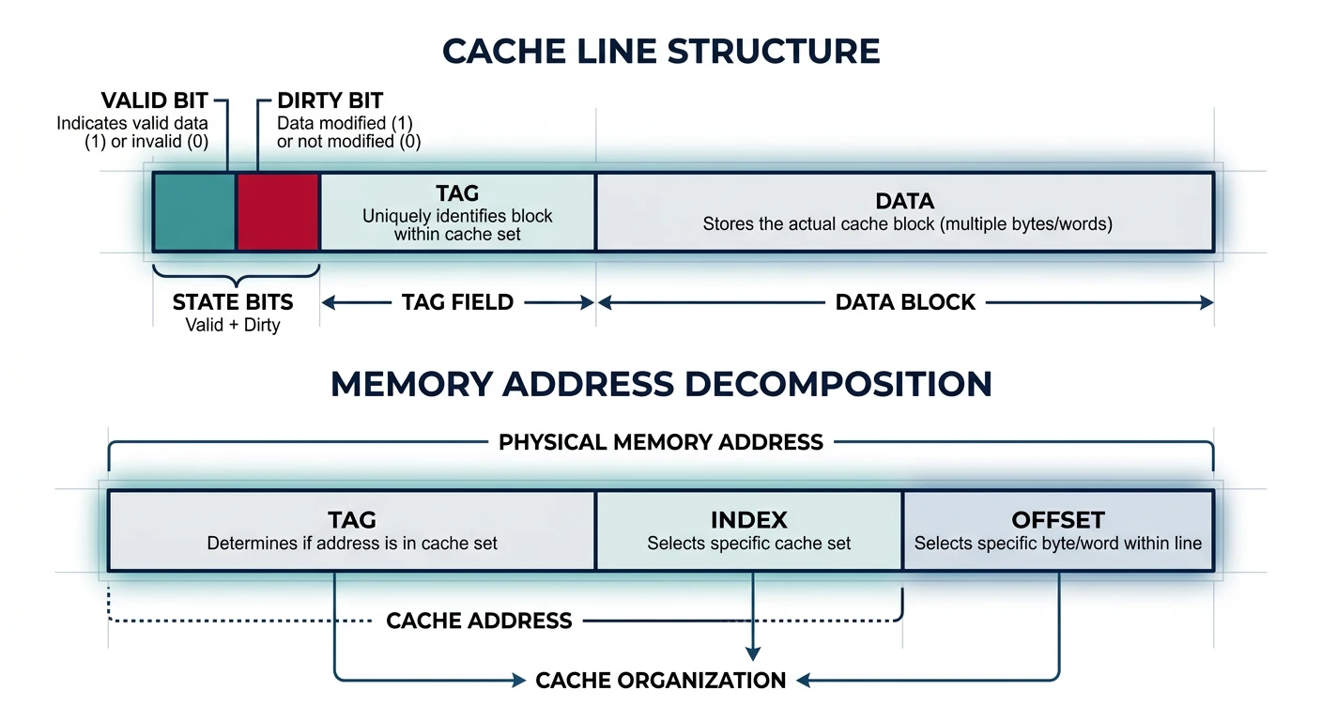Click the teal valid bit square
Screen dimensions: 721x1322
pyautogui.click(x=194, y=212)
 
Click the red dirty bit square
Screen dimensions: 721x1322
pyautogui.click(x=278, y=212)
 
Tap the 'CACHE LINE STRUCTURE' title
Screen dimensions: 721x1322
pyautogui.click(x=661, y=51)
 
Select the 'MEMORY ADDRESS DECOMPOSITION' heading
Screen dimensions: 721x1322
pyautogui.click(x=661, y=384)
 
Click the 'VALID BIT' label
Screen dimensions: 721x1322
pyautogui.click(x=155, y=100)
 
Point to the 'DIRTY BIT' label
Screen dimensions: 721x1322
pyautogui.click(x=330, y=100)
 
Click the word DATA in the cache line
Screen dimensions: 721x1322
pyautogui.click(x=905, y=201)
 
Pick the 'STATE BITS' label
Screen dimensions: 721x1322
pyautogui.click(x=233, y=302)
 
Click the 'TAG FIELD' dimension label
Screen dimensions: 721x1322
pyautogui.click(x=457, y=302)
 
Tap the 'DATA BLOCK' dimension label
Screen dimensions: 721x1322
pyautogui.click(x=905, y=302)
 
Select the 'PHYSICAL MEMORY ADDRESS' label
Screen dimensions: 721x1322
pyautogui.click(x=661, y=441)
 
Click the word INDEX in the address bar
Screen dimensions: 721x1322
pyautogui.click(x=748, y=520)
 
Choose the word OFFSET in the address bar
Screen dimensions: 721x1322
pyautogui.click(x=1058, y=520)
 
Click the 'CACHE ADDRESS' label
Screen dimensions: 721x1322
pyautogui.click(x=479, y=621)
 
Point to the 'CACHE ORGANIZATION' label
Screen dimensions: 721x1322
pyautogui.click(x=661, y=681)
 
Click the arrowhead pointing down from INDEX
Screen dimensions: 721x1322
pyautogui.click(x=751, y=654)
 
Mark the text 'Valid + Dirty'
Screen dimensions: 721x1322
pyautogui.click(x=233, y=326)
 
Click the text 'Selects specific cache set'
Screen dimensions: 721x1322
pyautogui.click(x=748, y=544)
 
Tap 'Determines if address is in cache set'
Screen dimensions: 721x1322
pyautogui.click(x=352, y=544)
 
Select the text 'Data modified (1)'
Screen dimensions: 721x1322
pyautogui.click(x=345, y=123)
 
